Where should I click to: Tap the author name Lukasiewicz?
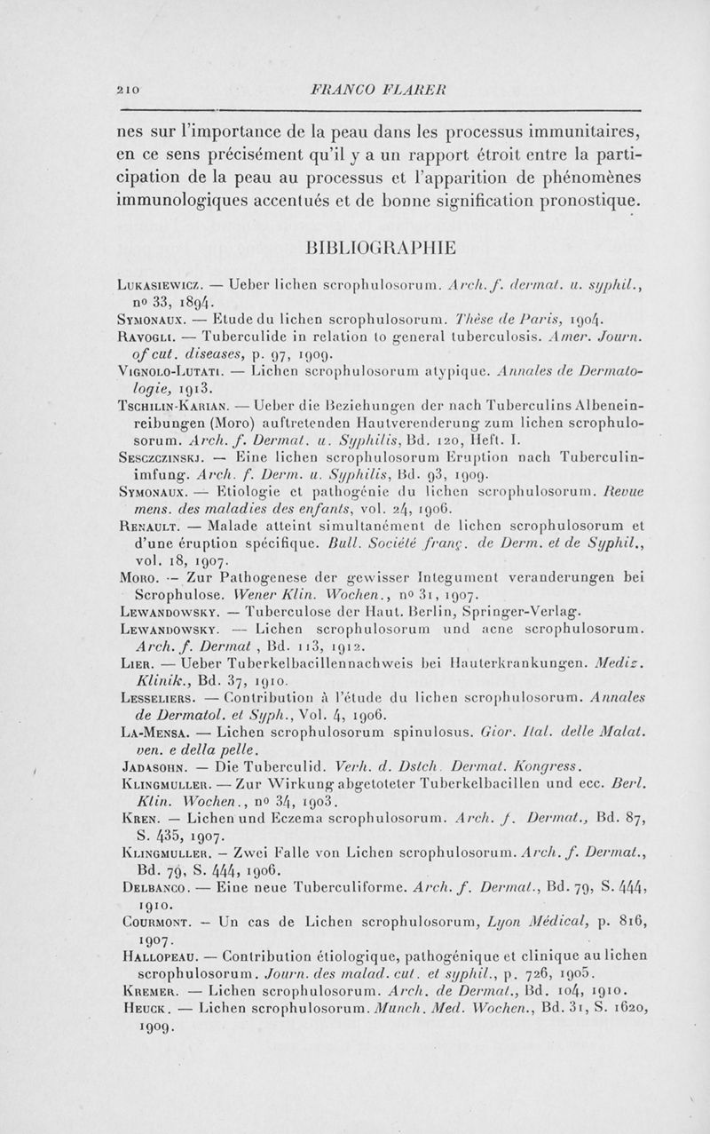click(x=163, y=287)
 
